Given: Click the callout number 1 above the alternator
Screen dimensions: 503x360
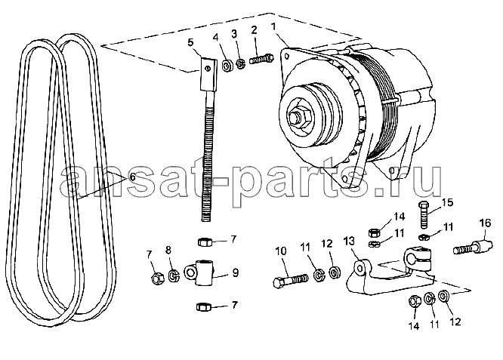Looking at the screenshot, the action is click(x=273, y=26).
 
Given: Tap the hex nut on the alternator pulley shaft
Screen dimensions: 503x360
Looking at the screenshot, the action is click(x=298, y=117).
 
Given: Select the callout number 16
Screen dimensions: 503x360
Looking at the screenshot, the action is click(x=485, y=222).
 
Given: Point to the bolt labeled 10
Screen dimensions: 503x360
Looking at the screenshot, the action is click(x=290, y=279).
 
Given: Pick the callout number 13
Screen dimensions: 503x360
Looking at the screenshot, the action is click(x=349, y=240).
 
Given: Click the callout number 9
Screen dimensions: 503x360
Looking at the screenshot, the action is click(x=235, y=272).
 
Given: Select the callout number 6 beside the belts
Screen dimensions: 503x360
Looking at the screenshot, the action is click(x=132, y=177).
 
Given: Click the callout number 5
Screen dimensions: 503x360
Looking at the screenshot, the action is click(x=190, y=42).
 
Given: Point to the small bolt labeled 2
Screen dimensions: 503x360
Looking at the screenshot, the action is click(x=261, y=60).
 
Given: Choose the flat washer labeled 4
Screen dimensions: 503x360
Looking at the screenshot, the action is click(x=227, y=66).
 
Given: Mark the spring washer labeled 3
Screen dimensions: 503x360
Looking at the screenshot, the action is click(x=241, y=64).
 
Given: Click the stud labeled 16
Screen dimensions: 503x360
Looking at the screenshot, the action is click(x=473, y=248).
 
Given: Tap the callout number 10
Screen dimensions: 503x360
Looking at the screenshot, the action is click(x=281, y=251).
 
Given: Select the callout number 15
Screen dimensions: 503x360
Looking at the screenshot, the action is click(x=447, y=202).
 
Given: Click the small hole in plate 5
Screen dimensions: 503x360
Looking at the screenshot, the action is click(x=208, y=68).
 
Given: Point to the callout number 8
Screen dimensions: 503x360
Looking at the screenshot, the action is click(x=168, y=250).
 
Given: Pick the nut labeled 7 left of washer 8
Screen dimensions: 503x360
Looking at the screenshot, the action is click(x=157, y=278).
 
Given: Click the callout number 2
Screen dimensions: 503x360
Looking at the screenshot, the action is click(x=254, y=30).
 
